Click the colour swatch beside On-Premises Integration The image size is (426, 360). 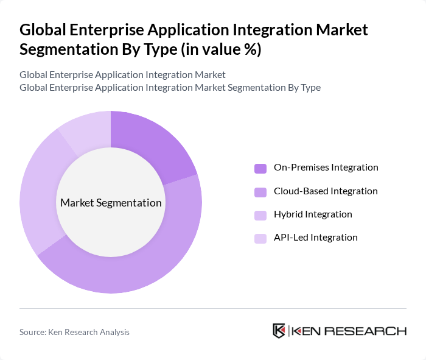260,168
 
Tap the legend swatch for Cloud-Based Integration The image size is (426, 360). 260,192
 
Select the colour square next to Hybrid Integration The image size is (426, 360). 260,215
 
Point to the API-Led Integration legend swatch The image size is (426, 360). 260,238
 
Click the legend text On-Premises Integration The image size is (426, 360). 326,168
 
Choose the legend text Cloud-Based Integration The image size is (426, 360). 326,191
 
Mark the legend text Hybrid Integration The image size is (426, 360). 313,214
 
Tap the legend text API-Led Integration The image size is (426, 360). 315,238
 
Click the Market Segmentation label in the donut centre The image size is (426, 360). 111,203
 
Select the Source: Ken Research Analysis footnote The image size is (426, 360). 74,332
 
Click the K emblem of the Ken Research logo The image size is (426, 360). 279,331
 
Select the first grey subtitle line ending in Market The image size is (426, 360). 122,74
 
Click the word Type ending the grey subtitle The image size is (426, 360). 310,88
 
